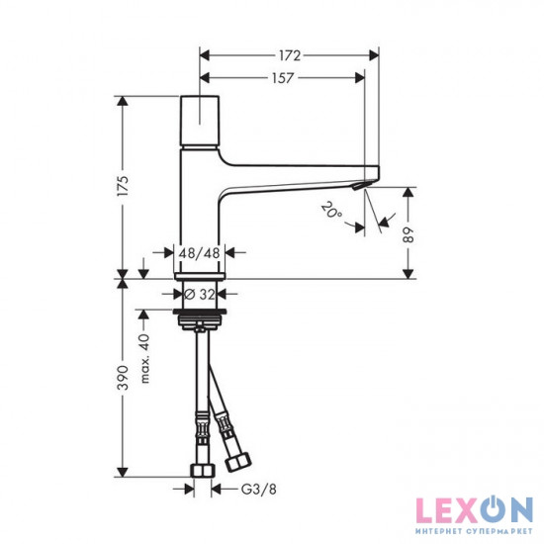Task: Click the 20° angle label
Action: pos(329,209)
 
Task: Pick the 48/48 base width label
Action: pos(199,254)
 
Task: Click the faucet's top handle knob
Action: pos(199,120)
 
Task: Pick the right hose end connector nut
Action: pos(237,461)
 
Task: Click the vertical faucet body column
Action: pos(199,208)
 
